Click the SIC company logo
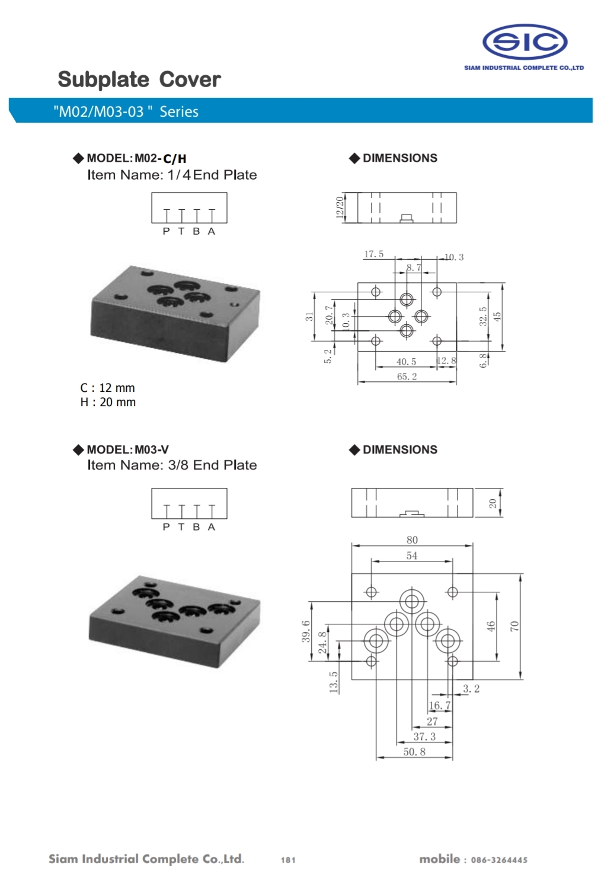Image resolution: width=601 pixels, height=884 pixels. [x=525, y=42]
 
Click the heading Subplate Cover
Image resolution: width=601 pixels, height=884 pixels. [x=139, y=79]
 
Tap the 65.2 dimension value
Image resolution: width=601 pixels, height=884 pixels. [x=407, y=376]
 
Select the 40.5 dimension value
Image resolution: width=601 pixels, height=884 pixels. [x=406, y=362]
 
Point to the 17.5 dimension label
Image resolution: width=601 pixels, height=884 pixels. [x=373, y=254]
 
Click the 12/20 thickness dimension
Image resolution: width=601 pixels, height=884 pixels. [x=340, y=208]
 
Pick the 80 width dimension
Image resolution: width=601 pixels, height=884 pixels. [x=412, y=540]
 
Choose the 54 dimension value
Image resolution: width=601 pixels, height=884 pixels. [x=411, y=556]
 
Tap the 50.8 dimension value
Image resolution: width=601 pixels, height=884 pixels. [x=414, y=752]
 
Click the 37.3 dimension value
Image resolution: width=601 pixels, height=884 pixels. [x=424, y=736]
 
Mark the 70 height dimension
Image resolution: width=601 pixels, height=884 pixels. [x=514, y=626]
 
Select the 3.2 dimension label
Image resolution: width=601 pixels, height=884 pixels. [x=471, y=688]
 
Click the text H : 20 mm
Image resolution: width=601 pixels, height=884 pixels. [x=108, y=402]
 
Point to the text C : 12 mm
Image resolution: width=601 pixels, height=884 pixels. [x=107, y=388]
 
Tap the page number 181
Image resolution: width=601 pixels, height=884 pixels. [x=288, y=860]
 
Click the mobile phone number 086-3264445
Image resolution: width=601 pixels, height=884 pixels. [x=499, y=860]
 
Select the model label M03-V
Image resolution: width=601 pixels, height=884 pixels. [x=152, y=449]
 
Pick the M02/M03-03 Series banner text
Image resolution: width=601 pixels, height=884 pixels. [x=126, y=111]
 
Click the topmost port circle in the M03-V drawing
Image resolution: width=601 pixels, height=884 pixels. [x=411, y=602]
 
